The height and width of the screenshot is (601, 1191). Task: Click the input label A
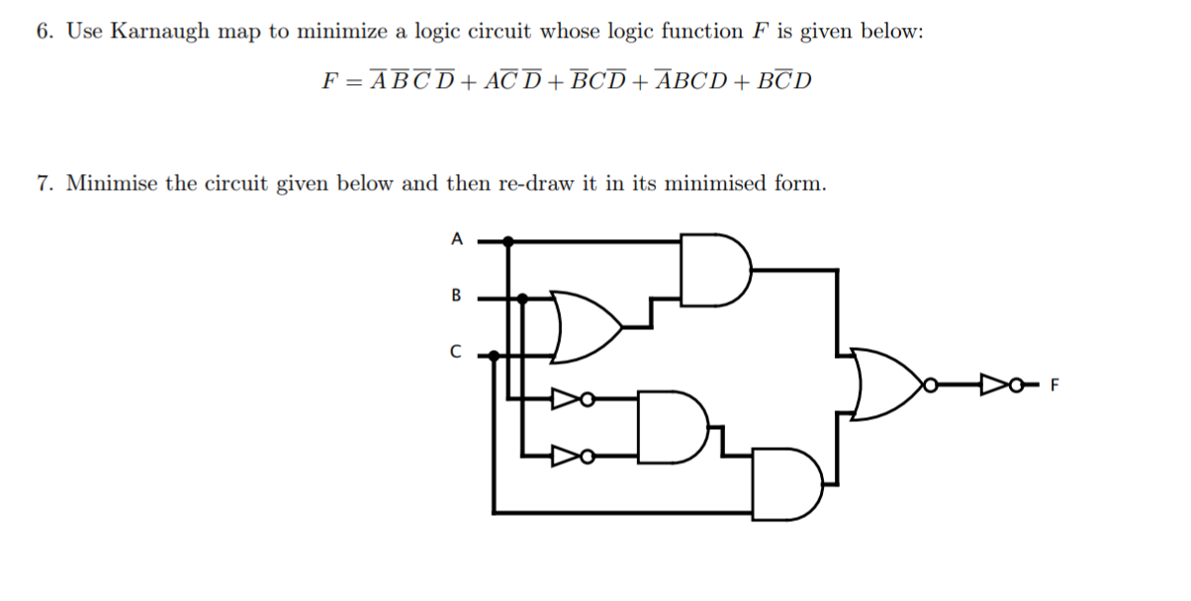click(x=456, y=238)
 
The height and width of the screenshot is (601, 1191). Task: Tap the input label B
click(x=456, y=295)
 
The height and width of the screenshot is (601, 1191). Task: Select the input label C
click(x=456, y=352)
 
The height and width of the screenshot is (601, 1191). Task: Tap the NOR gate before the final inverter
click(x=886, y=383)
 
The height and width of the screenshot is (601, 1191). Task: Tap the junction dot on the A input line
click(x=508, y=239)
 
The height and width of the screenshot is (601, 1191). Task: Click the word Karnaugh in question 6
click(x=159, y=32)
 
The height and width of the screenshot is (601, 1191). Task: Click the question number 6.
click(x=45, y=32)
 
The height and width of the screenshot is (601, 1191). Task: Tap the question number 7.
click(x=45, y=184)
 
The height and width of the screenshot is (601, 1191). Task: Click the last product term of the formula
click(x=783, y=81)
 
